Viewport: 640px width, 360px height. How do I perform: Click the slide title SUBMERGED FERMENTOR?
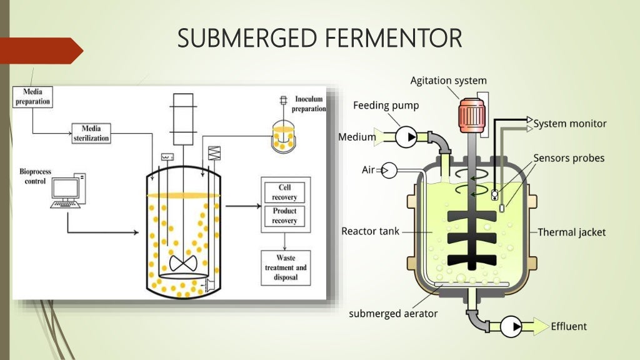[x=319, y=38]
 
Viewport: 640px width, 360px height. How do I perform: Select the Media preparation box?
[x=32, y=96]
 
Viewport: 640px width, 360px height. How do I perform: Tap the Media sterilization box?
[x=91, y=133]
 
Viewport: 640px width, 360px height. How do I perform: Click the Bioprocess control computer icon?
[x=67, y=192]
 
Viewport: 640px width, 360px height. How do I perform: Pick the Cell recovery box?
[x=284, y=192]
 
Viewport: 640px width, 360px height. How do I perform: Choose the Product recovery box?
[x=284, y=216]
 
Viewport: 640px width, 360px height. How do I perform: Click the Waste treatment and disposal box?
[x=285, y=267]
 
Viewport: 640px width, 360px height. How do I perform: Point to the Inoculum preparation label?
[x=309, y=104]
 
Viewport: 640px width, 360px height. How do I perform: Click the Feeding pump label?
[x=386, y=106]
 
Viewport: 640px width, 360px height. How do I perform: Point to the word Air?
[x=368, y=169]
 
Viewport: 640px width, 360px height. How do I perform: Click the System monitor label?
[x=569, y=124]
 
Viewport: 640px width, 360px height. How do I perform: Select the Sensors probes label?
[x=569, y=158]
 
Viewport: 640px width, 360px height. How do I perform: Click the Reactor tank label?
[x=370, y=231]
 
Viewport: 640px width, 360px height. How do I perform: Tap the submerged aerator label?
[x=393, y=313]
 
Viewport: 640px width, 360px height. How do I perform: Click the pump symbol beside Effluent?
[x=511, y=326]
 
